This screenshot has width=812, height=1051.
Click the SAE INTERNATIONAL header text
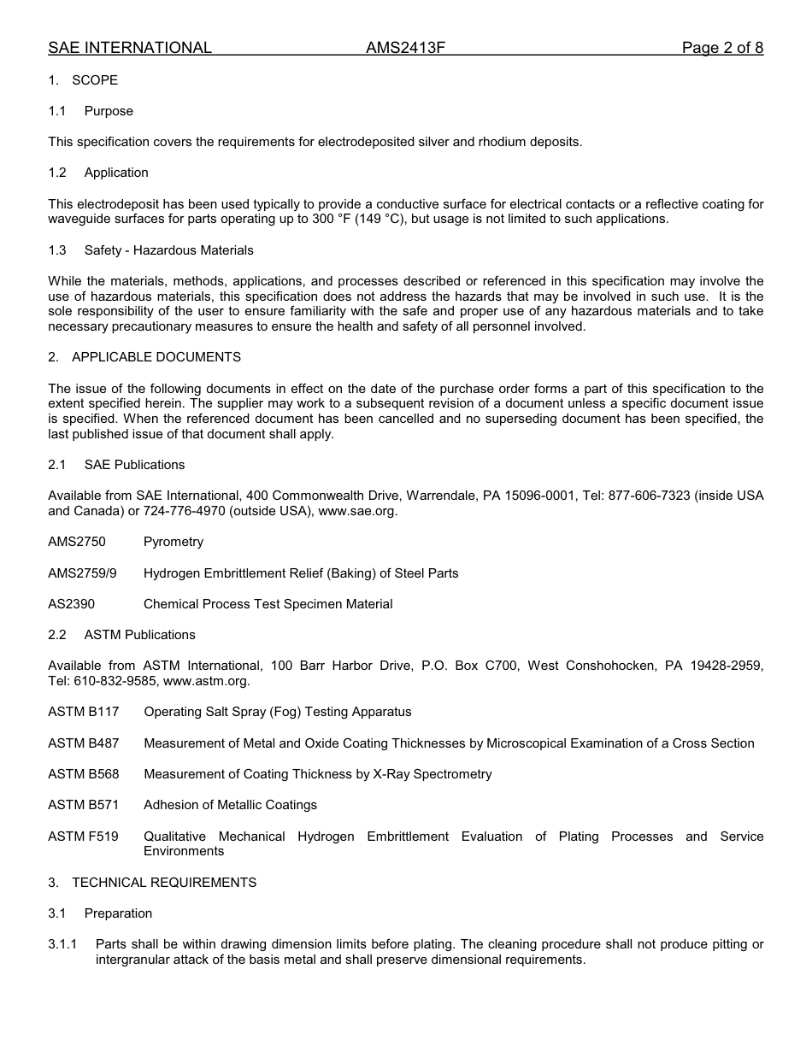130,48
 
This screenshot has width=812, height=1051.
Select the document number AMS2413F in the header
405,48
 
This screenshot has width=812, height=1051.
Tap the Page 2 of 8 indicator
722,48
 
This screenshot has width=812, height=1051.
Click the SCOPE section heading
95,80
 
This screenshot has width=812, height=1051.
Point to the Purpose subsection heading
109,111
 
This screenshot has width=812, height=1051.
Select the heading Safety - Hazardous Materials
168,250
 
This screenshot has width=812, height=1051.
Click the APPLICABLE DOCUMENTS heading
156,357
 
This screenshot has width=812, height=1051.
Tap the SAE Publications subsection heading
134,465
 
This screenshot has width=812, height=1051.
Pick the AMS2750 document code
77,542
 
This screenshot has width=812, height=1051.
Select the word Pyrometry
174,542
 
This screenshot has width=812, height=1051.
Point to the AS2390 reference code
72,604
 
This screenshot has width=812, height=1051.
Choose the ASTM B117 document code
84,712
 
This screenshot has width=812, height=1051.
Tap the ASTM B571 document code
84,805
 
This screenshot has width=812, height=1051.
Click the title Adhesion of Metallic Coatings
230,805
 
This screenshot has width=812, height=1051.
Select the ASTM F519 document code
84,837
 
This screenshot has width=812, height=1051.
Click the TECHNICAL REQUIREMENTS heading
164,883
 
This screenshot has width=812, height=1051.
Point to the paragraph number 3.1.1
62,944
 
